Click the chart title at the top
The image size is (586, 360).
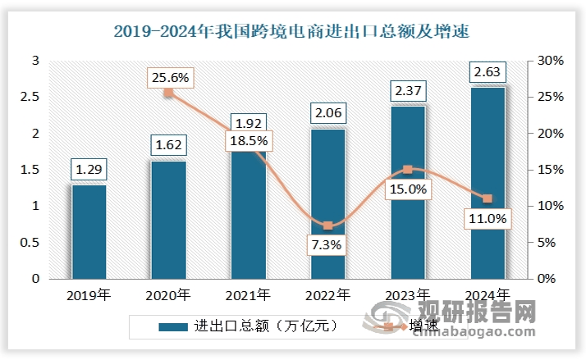[x=293, y=33]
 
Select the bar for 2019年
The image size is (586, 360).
[x=89, y=232]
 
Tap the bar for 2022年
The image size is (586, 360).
[x=327, y=205]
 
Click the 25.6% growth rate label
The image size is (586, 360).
[x=169, y=78]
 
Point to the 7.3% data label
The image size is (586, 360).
[x=327, y=244]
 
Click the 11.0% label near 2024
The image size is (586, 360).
[x=488, y=219]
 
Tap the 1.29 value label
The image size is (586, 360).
[x=89, y=171]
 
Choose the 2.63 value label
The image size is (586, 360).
[x=488, y=74]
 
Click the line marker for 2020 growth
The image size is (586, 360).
[x=168, y=93]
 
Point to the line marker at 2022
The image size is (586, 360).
[x=327, y=226]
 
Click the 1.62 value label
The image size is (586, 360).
[x=168, y=146]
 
